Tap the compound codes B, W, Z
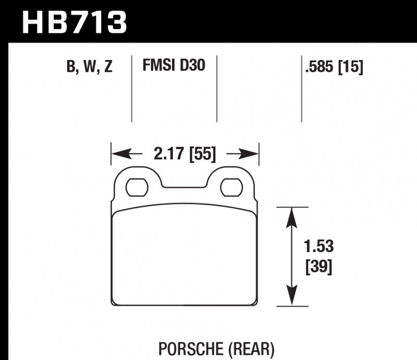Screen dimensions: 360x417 (89, 67)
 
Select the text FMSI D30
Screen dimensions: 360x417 (174, 66)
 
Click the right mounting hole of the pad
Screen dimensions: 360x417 (230, 186)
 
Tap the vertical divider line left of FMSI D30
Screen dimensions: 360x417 (131, 89)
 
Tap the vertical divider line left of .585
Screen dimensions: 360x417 (301, 89)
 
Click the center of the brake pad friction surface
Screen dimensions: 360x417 (185, 256)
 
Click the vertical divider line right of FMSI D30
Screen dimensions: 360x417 (216, 89)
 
